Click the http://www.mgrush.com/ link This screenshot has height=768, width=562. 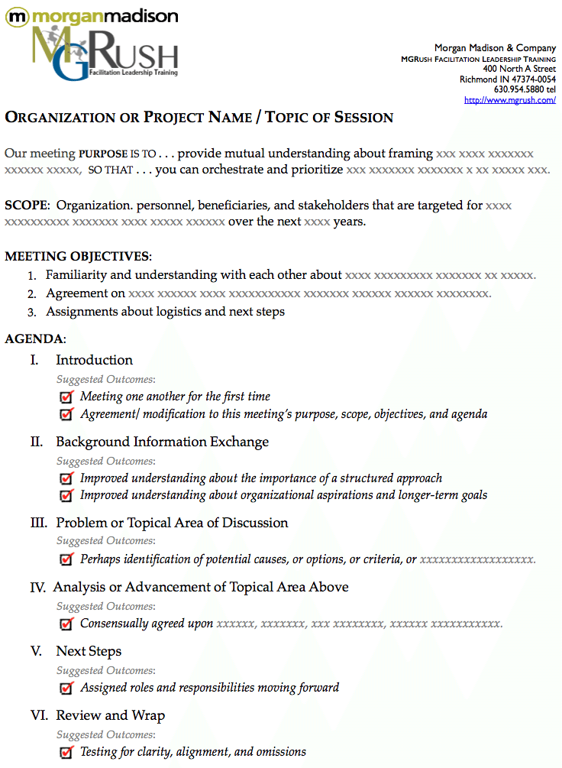pos(509,100)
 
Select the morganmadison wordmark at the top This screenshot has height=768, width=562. pos(92,15)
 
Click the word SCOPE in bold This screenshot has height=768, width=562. pos(26,205)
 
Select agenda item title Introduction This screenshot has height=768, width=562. pos(94,360)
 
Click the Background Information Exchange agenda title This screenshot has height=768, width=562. pos(162,442)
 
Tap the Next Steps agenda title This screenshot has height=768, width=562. pos(89,651)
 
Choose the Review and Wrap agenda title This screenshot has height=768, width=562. pos(110,715)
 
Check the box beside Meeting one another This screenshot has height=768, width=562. pos(66,397)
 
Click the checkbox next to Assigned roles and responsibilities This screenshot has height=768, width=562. pos(66,688)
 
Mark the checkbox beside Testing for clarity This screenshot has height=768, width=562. pos(66,752)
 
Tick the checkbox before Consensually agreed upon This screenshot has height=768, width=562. pos(66,624)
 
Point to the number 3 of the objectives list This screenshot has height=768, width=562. pos(31,312)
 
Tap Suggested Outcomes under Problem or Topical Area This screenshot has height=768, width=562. pos(105,541)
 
